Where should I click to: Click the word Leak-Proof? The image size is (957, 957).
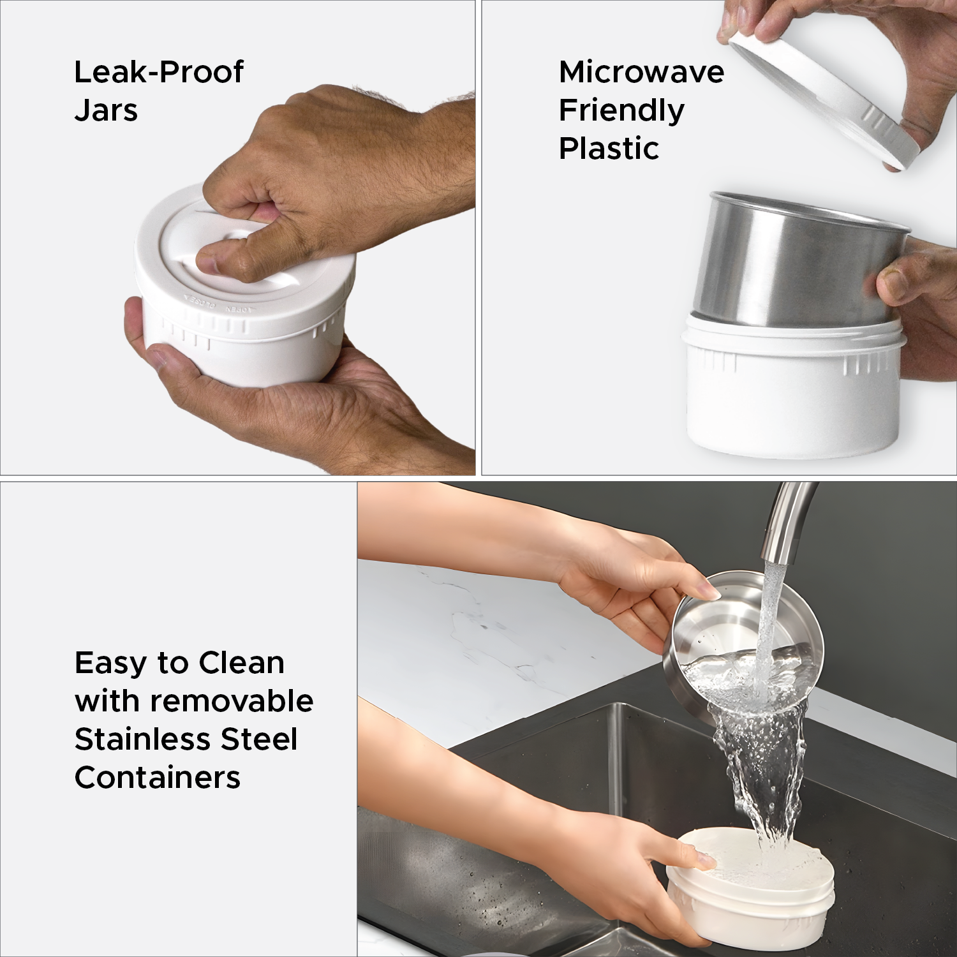coord(158,72)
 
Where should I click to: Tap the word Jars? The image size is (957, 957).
coord(106,110)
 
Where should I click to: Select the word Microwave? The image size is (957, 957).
coord(641,72)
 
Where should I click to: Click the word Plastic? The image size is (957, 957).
coord(609,148)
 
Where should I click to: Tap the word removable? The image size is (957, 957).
coord(232,701)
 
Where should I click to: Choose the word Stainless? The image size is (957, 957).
coord(143,739)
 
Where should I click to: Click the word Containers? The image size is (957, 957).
coord(158,777)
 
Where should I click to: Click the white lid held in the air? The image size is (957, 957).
coord(823,96)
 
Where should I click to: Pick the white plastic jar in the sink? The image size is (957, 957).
coord(750,887)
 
